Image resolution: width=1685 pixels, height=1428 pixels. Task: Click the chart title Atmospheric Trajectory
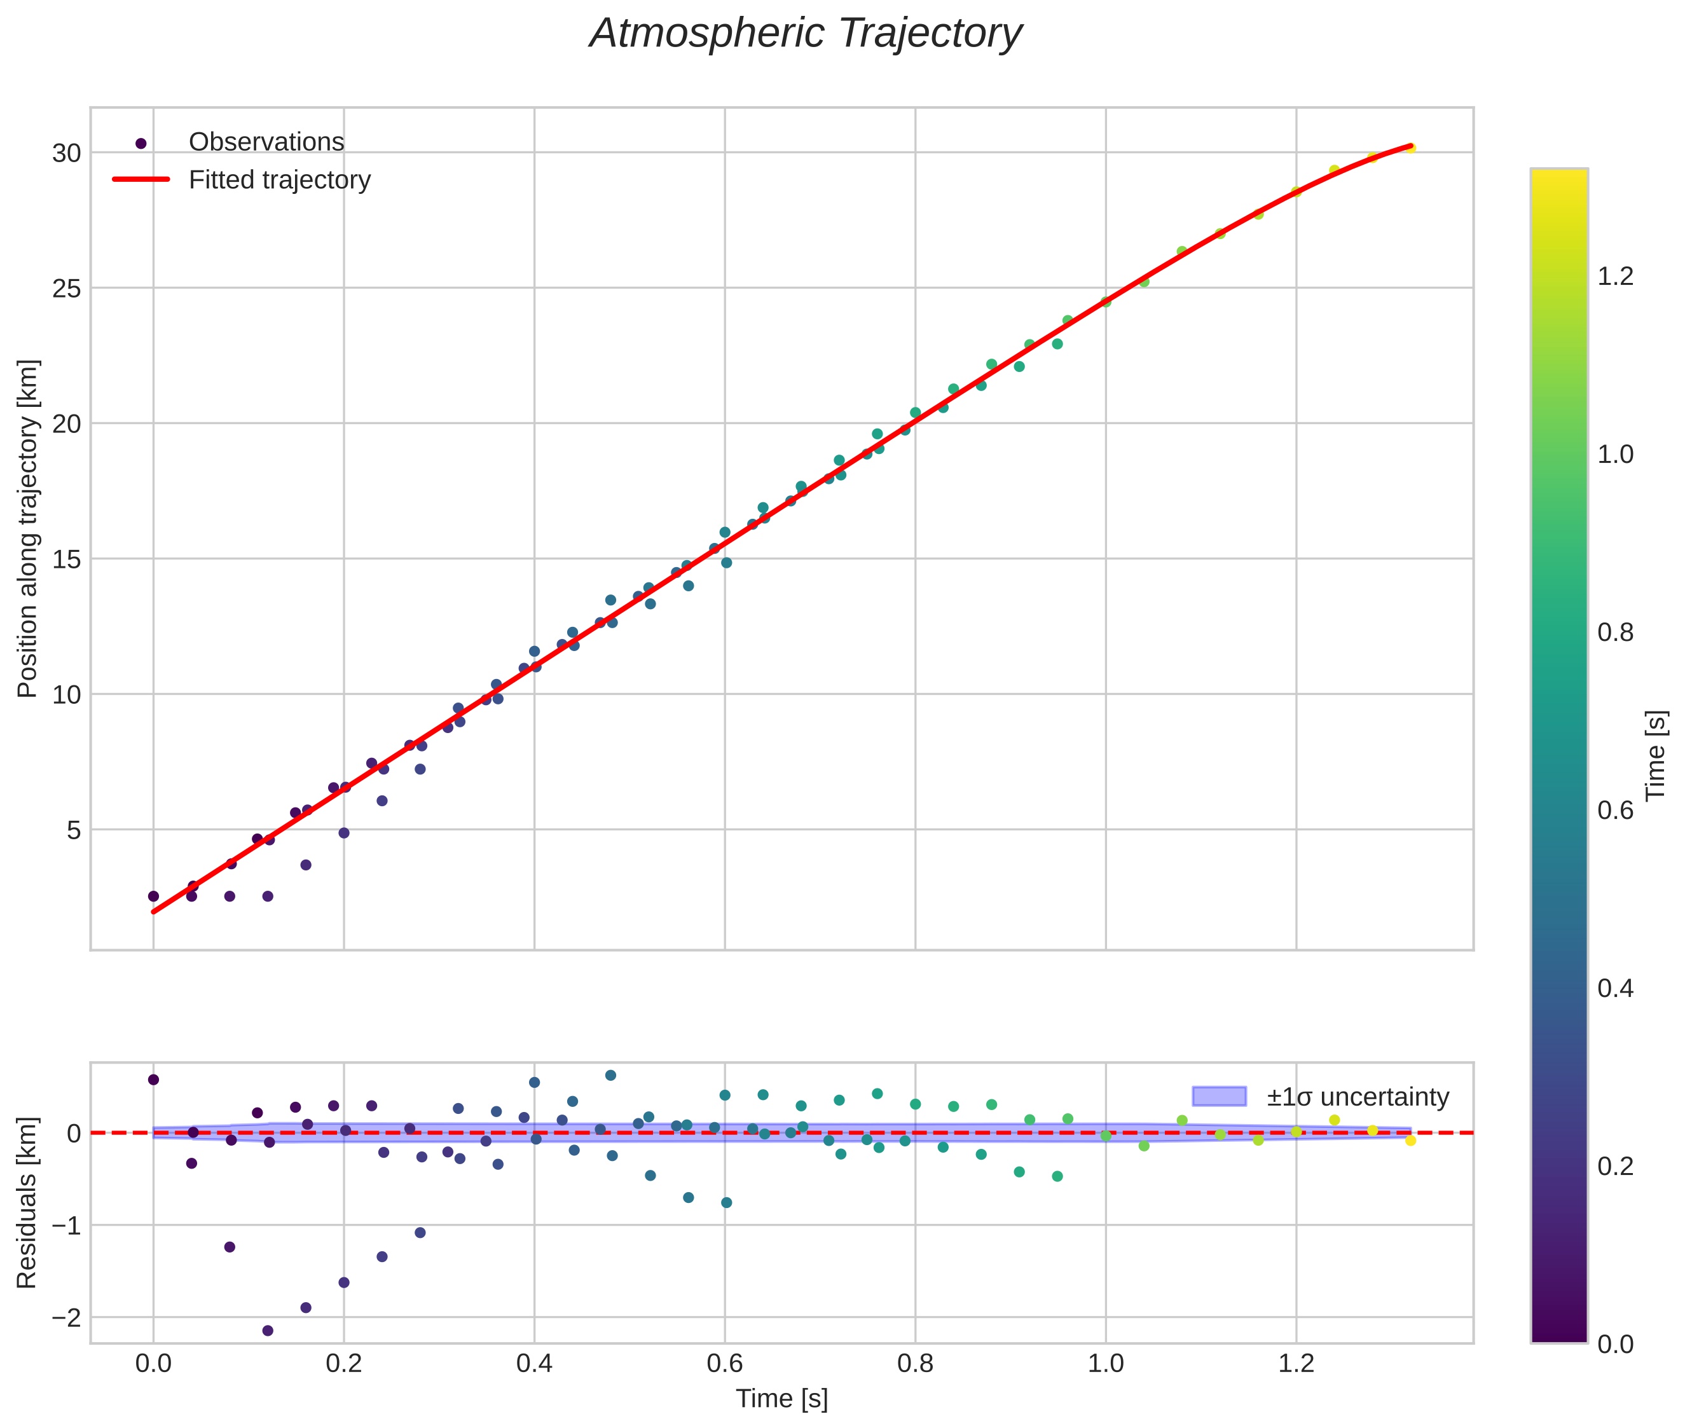pos(805,34)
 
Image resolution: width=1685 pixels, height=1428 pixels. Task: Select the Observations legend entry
pos(266,142)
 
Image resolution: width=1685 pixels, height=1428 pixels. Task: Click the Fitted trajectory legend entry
pos(279,180)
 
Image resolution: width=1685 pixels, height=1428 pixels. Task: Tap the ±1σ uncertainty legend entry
pos(1357,1097)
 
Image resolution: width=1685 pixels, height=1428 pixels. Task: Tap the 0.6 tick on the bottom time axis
pos(725,1364)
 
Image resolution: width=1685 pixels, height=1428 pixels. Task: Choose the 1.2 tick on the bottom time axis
pos(1296,1364)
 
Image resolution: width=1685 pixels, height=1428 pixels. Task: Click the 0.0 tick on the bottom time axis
pos(153,1364)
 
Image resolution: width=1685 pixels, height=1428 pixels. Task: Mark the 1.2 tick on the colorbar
pos(1615,276)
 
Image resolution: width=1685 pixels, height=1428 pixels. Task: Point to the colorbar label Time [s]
pos(1656,755)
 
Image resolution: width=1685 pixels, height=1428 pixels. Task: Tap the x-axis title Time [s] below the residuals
pos(781,1399)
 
